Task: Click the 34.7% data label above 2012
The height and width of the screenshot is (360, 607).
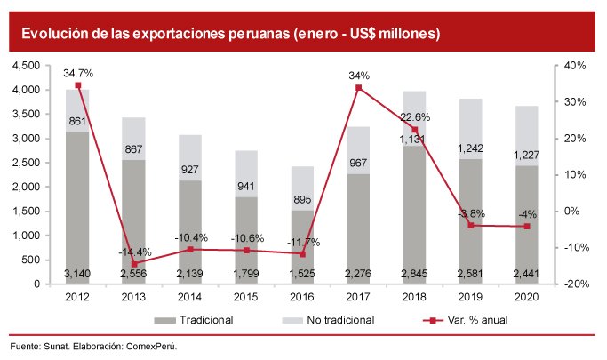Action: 78,73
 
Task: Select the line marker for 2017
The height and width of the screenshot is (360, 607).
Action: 359,87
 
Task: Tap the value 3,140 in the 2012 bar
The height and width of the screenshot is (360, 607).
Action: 78,274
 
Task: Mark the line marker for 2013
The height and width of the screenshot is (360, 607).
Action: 134,264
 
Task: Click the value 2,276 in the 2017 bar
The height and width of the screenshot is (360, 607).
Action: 359,274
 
